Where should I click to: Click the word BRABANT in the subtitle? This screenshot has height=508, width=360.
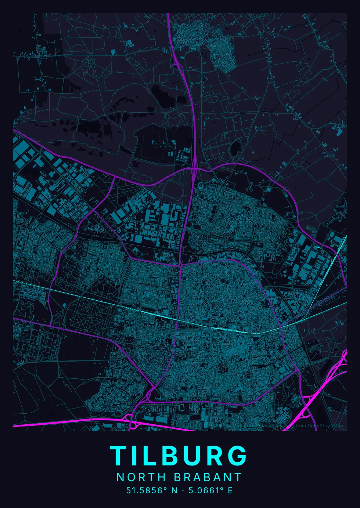click(208, 477)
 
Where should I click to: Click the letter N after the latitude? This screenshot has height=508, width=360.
click(174, 490)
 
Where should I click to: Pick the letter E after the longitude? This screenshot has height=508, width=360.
click(230, 490)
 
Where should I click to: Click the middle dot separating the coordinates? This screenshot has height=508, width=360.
click(183, 490)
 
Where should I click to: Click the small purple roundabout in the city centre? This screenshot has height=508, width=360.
click(180, 264)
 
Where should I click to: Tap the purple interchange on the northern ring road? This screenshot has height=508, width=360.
click(194, 170)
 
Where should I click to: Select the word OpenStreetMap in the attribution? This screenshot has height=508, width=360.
click(325, 426)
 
